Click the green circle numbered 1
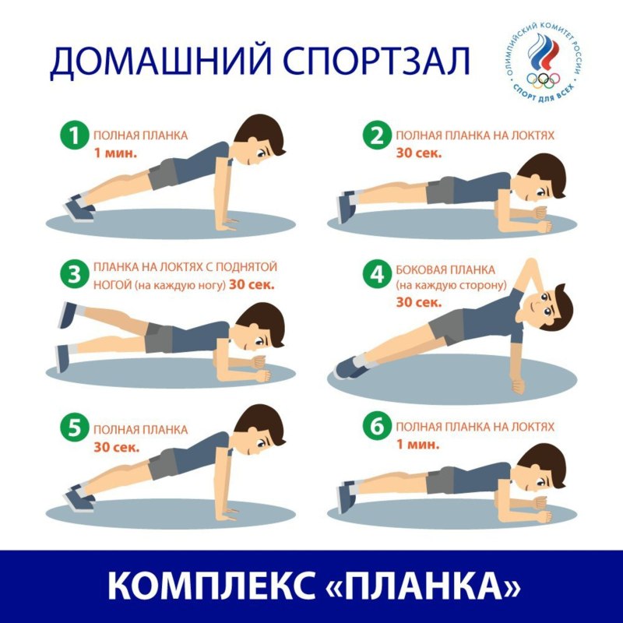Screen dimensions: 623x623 coord(75,137)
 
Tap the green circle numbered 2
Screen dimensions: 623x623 coord(377,137)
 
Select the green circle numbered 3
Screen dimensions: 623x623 coord(75,274)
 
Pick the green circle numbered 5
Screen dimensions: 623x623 coord(75,429)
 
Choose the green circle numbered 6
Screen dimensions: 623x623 coord(377,429)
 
